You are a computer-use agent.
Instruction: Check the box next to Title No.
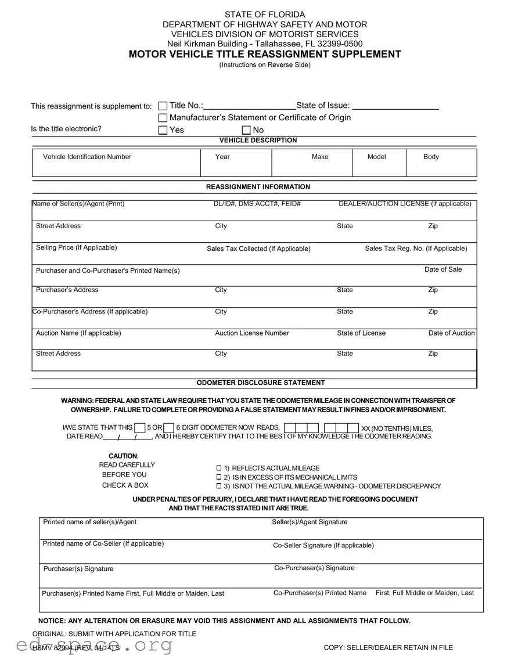163,106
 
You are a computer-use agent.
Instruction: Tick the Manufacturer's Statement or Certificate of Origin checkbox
163,118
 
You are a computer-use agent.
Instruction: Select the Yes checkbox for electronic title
163,130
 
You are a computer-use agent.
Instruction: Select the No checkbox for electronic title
246,130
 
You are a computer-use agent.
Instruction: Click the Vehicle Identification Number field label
87,157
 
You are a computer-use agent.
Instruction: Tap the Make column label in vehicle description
320,157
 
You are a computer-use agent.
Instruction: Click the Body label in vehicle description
431,157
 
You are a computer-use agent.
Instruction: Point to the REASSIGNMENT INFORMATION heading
258,187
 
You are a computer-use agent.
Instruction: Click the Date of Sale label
443,269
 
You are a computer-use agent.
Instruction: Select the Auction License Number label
252,333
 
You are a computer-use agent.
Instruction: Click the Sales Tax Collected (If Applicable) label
258,248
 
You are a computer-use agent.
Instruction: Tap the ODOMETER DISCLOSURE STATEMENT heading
261,383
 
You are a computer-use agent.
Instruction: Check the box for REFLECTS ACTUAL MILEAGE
219,468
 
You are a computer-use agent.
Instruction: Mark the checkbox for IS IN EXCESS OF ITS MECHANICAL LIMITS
219,477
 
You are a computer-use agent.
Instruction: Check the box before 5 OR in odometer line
139,428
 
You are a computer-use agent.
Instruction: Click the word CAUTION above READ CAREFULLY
123,456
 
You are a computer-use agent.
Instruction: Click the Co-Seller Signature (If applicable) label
323,545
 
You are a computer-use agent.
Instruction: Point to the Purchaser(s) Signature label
78,569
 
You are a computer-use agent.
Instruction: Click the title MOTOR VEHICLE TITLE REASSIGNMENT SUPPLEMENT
265,55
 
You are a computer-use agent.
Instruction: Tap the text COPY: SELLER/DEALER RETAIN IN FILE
388,647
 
